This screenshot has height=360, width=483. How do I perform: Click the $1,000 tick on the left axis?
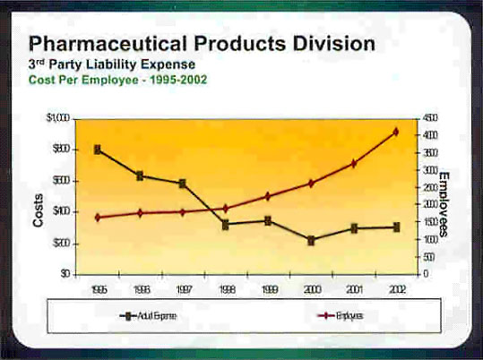pyautogui.click(x=59, y=118)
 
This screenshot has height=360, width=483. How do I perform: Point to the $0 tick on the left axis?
pyautogui.click(x=65, y=273)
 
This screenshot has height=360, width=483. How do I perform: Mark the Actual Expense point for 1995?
pyautogui.click(x=98, y=150)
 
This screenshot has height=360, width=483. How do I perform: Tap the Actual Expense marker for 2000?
pyautogui.click(x=311, y=240)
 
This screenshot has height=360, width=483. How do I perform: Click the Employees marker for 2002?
pyautogui.click(x=396, y=133)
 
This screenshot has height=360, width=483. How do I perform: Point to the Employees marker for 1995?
pyautogui.click(x=98, y=217)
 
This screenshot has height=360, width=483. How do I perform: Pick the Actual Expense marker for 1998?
pyautogui.click(x=226, y=224)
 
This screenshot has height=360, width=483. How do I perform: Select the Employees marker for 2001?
pyautogui.click(x=354, y=163)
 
